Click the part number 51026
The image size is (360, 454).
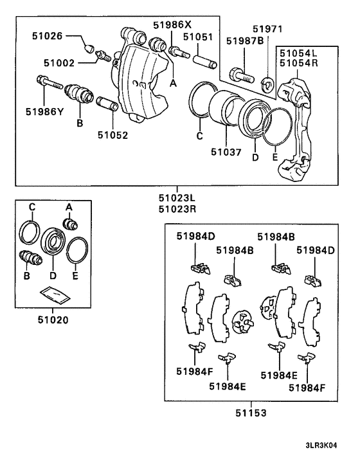(x=48, y=37)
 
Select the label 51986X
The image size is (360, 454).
(x=172, y=24)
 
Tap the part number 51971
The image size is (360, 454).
(x=267, y=29)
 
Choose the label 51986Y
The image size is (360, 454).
(x=44, y=111)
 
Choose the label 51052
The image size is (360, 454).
(x=113, y=135)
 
